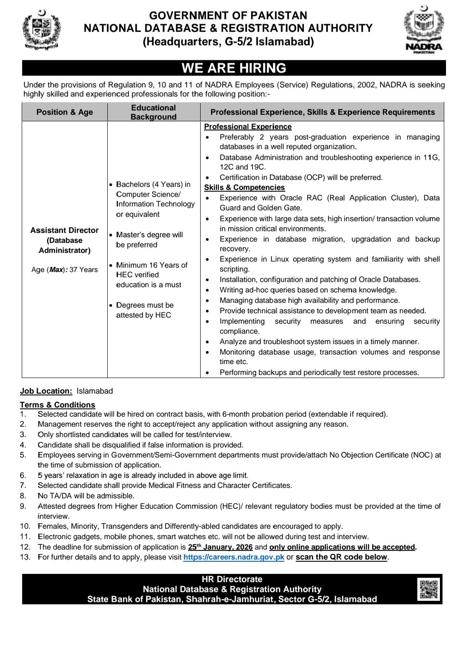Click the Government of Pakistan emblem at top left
41,30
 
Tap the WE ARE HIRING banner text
234,68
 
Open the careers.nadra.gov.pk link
234,557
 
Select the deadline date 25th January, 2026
220,547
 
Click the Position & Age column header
65,112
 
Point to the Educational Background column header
153,112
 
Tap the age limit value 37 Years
83,270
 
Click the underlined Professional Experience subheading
248,126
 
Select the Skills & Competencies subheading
244,187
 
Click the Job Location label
46,391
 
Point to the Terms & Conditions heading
57,405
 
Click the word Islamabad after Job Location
95,391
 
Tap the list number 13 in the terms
25,557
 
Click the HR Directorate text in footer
232,579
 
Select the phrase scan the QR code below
341,557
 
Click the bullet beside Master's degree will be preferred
111,235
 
